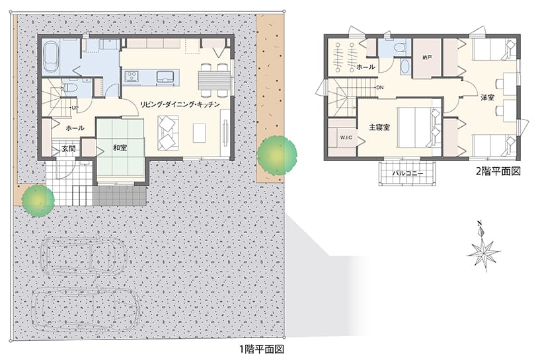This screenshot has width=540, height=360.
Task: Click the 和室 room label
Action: [x=120, y=148]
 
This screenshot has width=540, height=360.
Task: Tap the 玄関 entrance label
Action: [x=69, y=149]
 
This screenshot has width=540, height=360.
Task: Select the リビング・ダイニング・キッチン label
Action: [x=180, y=104]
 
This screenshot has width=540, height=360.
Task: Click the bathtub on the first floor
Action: [x=51, y=57]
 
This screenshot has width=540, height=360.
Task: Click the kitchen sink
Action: [x=165, y=77]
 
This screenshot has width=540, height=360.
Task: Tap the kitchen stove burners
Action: [x=132, y=77]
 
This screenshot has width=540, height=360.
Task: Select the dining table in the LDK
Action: [x=213, y=80]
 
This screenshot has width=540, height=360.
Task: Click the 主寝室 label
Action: [x=379, y=127]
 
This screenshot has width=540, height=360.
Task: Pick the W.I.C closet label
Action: [x=346, y=137]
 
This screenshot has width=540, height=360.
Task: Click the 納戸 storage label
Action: [x=427, y=57]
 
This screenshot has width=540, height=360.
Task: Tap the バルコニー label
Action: [x=407, y=173]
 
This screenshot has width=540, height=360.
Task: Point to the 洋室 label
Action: [x=488, y=97]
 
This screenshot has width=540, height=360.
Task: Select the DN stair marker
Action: [x=379, y=88]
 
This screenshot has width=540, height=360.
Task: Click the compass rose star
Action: [x=483, y=253]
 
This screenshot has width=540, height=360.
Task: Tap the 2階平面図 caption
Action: [x=498, y=171]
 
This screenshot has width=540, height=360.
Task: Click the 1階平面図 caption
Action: [x=262, y=349]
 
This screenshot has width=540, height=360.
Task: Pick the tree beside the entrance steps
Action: [x=38, y=201]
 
